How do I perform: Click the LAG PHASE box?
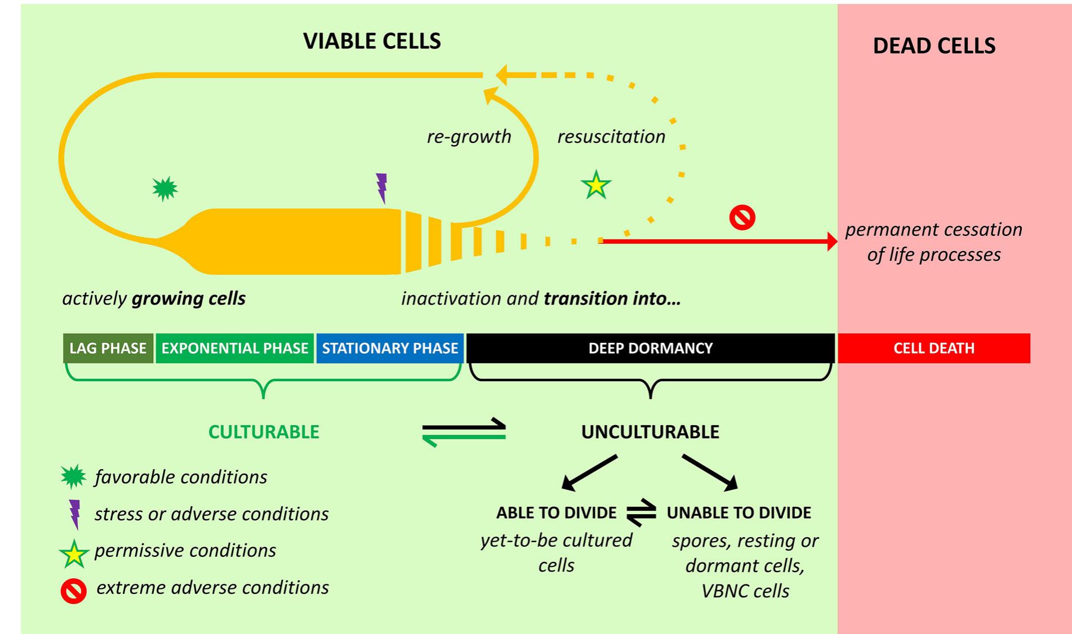[x=108, y=348]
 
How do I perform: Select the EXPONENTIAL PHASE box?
[x=234, y=348]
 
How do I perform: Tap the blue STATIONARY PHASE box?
[x=390, y=348]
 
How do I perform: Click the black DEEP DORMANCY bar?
[x=650, y=348]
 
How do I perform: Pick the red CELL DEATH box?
[x=933, y=348]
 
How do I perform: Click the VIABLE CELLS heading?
[x=372, y=41]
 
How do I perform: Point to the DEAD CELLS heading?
[x=934, y=46]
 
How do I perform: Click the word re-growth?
[x=469, y=136]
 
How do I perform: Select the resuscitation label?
[x=611, y=136]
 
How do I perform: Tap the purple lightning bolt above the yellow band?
[x=381, y=187]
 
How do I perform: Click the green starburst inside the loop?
[x=165, y=189]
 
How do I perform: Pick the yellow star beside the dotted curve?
[x=596, y=185]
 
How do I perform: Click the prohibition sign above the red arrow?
[x=742, y=217]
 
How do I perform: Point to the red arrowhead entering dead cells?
[x=831, y=241]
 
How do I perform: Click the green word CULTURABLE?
[x=264, y=432]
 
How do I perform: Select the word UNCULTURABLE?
[x=650, y=432]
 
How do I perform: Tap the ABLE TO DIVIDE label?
[x=556, y=512]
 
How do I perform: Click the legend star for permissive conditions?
[x=74, y=553]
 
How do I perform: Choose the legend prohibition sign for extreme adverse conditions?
[x=74, y=591]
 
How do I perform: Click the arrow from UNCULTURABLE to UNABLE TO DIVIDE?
[x=710, y=471]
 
